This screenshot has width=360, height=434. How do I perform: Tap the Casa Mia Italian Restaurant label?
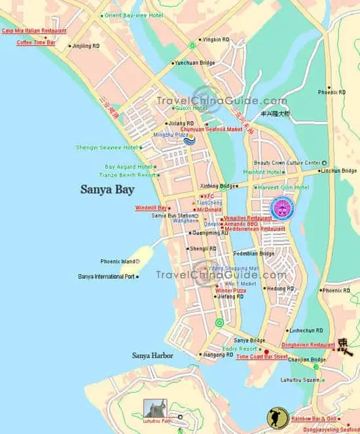coord(34,31)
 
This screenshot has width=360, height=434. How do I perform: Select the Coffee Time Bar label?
coord(36,42)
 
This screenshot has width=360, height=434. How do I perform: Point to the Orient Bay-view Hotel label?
coord(135,15)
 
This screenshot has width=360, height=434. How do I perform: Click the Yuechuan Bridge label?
coord(194,63)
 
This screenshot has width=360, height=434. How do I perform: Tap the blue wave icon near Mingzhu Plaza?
coord(189,139)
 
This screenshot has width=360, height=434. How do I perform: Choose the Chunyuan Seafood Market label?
coord(211,129)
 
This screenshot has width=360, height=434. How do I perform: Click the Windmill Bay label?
coord(151,208)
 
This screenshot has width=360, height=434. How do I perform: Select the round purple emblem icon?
coord(282,208)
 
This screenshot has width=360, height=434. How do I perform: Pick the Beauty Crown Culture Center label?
coord(287,163)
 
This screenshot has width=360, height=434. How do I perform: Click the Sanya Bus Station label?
coord(173,215)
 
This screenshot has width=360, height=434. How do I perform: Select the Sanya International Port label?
coord(106,276)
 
